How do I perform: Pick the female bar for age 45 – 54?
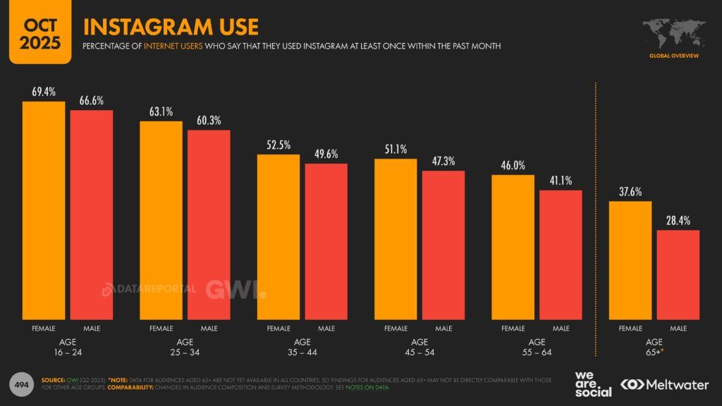point(396,239)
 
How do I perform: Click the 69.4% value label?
point(44,92)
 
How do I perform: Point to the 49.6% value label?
point(326,154)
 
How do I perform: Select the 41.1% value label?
point(561,180)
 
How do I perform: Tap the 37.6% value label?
point(630,192)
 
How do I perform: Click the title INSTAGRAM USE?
point(171,27)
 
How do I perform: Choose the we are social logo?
point(593,383)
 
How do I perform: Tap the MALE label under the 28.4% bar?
point(678,328)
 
